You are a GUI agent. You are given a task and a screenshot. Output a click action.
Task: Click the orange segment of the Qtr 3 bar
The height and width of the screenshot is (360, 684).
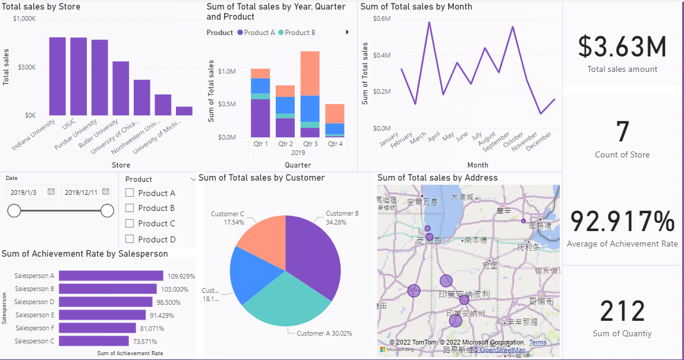(310, 73)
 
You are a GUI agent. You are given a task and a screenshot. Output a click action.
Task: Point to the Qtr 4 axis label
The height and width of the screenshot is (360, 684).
(335, 144)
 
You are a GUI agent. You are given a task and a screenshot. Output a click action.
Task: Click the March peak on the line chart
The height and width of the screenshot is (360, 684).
(429, 23)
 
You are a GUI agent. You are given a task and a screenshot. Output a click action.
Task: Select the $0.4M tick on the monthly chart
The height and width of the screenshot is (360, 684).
(382, 55)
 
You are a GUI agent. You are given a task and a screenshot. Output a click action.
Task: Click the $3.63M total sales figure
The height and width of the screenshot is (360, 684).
(622, 48)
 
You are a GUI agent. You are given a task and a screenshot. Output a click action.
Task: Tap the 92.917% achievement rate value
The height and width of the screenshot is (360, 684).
(622, 221)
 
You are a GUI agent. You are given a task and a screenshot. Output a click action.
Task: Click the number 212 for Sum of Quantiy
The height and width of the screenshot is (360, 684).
(622, 311)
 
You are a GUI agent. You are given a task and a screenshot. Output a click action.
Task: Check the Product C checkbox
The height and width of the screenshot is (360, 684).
(130, 224)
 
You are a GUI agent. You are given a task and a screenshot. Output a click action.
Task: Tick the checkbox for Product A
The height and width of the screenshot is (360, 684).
(130, 193)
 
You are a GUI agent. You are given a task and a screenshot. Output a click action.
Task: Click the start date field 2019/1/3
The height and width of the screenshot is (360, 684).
(24, 192)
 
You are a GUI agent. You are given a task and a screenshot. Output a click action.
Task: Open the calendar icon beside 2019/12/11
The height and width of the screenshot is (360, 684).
(106, 192)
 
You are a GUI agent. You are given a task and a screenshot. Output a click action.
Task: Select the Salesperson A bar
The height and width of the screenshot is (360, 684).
(111, 276)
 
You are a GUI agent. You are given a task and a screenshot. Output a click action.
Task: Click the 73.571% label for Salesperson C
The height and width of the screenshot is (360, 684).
(144, 342)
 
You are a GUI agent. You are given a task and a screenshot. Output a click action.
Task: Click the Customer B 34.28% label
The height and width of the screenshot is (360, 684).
(342, 217)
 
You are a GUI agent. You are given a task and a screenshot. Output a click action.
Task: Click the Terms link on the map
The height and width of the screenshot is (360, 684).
(538, 343)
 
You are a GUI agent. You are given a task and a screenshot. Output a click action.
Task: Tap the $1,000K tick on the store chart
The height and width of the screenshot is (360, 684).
(24, 19)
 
